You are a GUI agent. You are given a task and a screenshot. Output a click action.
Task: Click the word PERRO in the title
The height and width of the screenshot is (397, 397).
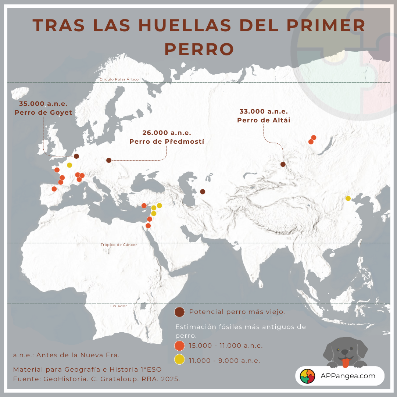click(x=199, y=49)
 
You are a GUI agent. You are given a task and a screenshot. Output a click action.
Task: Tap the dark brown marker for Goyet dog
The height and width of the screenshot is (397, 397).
click(x=76, y=156)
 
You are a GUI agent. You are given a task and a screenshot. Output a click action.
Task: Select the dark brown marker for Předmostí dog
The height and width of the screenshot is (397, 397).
click(x=109, y=160)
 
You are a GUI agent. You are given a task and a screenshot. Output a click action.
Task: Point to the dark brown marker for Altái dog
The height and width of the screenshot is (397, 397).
click(x=283, y=164)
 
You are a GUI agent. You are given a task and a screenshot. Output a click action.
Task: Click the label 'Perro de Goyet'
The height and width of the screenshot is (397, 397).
click(x=43, y=112)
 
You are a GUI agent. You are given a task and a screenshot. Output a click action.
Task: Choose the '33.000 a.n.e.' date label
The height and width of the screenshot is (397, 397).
click(x=264, y=111)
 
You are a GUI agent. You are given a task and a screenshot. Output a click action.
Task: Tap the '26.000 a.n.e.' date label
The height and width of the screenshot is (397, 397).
click(x=167, y=133)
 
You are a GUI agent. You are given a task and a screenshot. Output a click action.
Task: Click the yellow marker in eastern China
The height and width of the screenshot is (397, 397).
click(x=348, y=198)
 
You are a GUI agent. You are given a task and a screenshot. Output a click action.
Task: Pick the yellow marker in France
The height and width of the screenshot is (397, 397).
click(x=69, y=165)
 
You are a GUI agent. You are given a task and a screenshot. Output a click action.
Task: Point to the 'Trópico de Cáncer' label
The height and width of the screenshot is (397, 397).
click(x=119, y=245)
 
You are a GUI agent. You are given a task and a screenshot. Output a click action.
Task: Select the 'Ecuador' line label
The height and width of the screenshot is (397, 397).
click(x=118, y=306)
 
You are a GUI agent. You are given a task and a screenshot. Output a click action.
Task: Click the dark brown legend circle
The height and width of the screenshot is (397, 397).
click(x=180, y=312)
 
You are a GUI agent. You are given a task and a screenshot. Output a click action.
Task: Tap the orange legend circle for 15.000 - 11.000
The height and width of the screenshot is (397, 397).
click(x=180, y=346)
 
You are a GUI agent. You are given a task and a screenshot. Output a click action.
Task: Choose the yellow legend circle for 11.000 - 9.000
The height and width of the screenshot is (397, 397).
click(x=180, y=360)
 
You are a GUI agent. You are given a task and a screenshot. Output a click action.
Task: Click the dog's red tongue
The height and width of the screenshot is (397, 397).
click(x=345, y=364)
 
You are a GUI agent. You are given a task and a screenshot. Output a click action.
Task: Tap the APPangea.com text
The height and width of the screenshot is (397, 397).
click(x=348, y=376)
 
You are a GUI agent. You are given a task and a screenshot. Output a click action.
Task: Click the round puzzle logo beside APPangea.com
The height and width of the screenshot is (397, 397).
click(x=308, y=376)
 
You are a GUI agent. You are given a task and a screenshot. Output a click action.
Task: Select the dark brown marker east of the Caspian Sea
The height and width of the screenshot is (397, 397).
click(x=203, y=192)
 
